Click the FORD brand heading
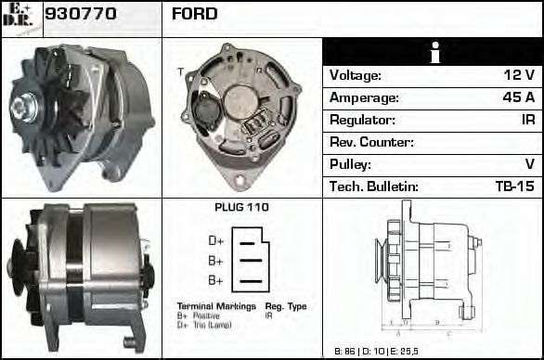coord(195,14)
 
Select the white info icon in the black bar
coord(433,52)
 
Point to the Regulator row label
coord(362,121)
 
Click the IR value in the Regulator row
coord(527,121)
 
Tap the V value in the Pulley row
coord(529,165)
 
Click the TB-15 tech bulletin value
coord(514,187)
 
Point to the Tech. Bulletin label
coord(374,187)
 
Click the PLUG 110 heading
coord(241,208)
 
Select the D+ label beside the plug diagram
coord(215,240)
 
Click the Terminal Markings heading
coord(213,306)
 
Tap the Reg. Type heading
coord(285,306)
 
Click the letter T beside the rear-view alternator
coord(179,71)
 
